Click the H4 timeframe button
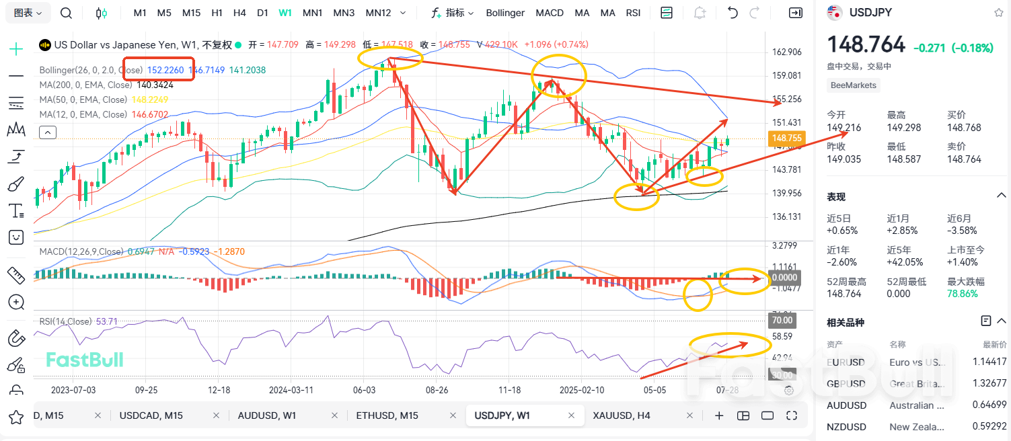[239, 13]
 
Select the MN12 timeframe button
[378, 13]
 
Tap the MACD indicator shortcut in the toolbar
[550, 13]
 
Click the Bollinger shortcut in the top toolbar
[504, 13]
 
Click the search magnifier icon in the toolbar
[66, 13]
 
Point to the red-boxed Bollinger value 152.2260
[165, 70]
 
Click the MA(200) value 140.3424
[155, 85]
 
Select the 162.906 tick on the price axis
[787, 52]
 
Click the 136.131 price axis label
[787, 216]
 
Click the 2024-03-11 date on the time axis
[291, 390]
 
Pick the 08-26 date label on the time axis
[437, 390]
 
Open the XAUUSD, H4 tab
[621, 415]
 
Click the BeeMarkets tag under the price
[854, 85]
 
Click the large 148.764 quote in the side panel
[866, 45]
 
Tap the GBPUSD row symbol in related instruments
[846, 384]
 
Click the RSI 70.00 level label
[782, 320]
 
